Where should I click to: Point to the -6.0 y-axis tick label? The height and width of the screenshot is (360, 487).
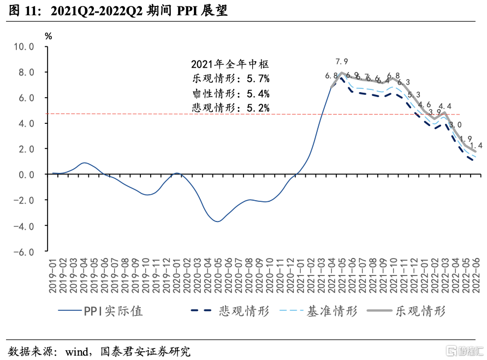(23, 251)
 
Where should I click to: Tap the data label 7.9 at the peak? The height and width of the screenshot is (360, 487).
(342, 62)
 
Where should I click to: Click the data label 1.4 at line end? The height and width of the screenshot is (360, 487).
(476, 146)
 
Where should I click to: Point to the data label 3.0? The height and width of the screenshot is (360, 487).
(455, 125)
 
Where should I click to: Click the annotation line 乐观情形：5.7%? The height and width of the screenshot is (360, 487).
(230, 79)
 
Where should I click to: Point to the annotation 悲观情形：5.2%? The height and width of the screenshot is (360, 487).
(230, 107)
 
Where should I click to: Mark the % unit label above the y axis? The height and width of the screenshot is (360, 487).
(49, 36)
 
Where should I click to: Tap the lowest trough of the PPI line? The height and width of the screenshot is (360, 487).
(217, 221)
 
